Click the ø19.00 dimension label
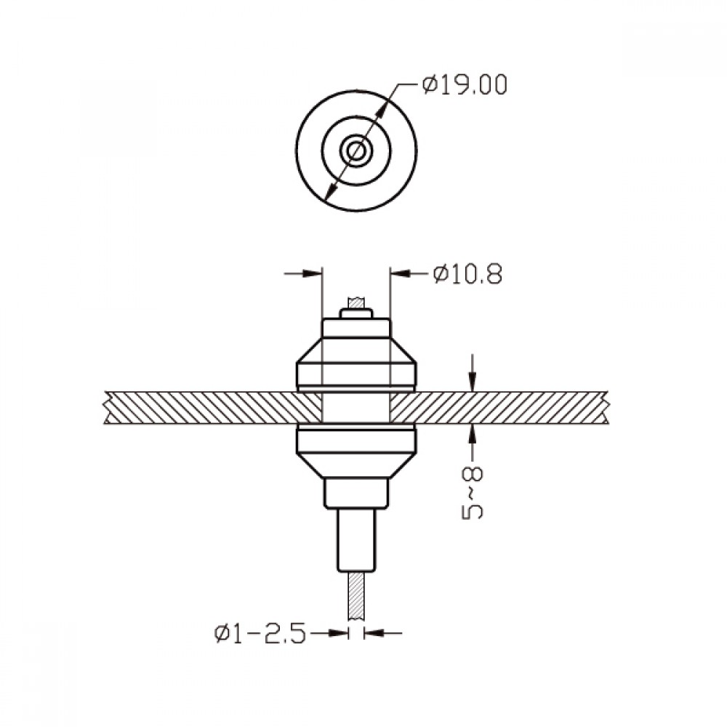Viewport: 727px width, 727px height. (x=465, y=85)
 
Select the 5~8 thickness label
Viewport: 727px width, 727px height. (x=473, y=492)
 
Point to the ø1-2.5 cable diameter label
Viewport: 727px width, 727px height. (x=260, y=633)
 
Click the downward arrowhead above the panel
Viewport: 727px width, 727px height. (x=473, y=383)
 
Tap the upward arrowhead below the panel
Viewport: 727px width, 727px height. (x=473, y=433)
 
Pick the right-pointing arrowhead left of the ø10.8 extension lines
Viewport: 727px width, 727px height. (x=312, y=273)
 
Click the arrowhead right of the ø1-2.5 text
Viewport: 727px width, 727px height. (x=338, y=633)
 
